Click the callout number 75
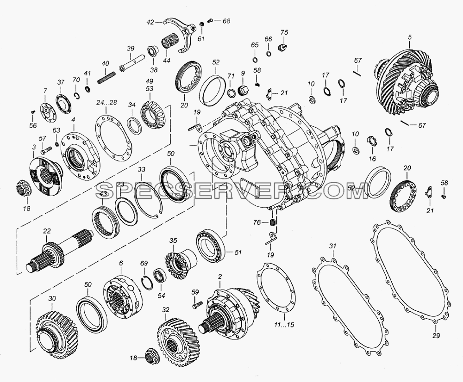[x=284, y=32]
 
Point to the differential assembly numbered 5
[x=409, y=84]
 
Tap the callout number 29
[x=436, y=335]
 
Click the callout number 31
[x=333, y=246]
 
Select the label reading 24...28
[x=106, y=102]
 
